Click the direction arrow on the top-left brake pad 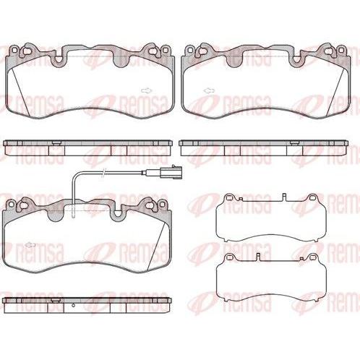coord(147,91)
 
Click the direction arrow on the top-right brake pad coord(210,91)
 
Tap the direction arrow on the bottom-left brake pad coord(30,245)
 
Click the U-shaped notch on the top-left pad coord(58,60)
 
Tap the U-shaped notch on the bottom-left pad coord(118,214)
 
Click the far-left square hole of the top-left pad coord(15,51)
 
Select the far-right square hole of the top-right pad coord(340,50)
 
